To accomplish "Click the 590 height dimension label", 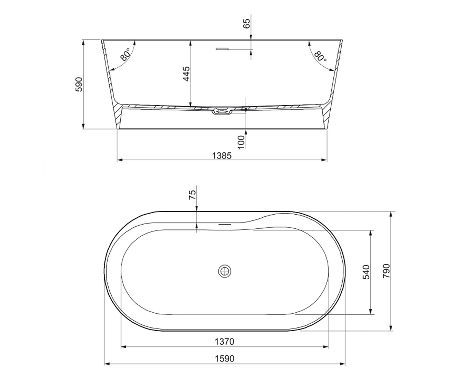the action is tap(79, 84).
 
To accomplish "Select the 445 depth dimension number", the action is tap(186, 74).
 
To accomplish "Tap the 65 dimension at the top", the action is tap(247, 23).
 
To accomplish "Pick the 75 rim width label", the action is tap(192, 195).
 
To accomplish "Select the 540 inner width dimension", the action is tap(366, 272).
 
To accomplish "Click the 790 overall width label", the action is tap(387, 271).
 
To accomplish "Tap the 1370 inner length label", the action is tap(225, 342).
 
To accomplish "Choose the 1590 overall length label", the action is tap(225, 359).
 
